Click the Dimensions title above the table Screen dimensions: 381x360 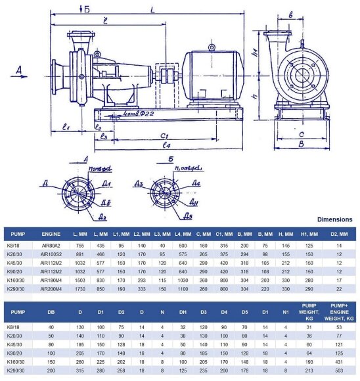pyautogui.click(x=334, y=219)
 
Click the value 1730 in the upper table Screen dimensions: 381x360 pyautogui.click(x=80, y=288)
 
